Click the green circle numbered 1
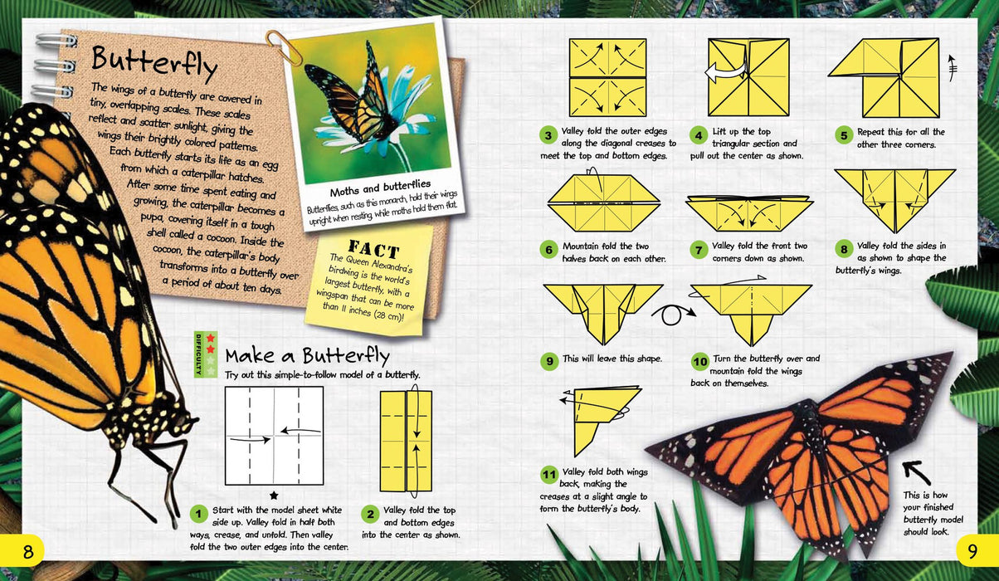click(x=198, y=514)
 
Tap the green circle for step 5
click(x=844, y=135)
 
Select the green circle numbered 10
click(x=700, y=361)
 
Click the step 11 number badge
click(x=549, y=475)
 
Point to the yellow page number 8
click(x=27, y=551)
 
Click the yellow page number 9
click(x=972, y=551)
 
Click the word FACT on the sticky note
click(x=373, y=248)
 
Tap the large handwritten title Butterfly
click(x=154, y=63)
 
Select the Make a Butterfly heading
click(x=307, y=355)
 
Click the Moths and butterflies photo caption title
click(x=380, y=188)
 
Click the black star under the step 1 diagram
click(x=274, y=496)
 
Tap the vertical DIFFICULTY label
click(x=199, y=354)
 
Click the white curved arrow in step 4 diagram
click(x=726, y=71)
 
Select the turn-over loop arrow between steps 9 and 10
click(x=674, y=314)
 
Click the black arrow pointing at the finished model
click(x=916, y=472)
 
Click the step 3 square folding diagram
click(x=608, y=78)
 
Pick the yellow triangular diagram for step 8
click(x=894, y=200)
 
